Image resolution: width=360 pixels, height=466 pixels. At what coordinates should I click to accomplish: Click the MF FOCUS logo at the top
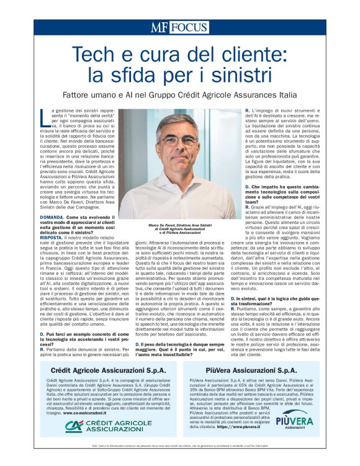[179, 27]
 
